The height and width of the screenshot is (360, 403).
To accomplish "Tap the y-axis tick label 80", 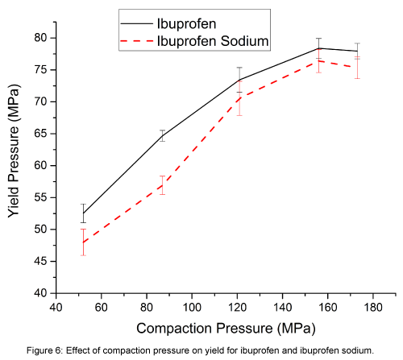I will click(x=40, y=38).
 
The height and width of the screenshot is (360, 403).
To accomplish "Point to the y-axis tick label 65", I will click(x=40, y=134).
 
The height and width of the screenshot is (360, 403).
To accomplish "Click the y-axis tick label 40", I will click(x=40, y=293).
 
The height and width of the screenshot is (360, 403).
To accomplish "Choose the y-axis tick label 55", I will click(x=40, y=197).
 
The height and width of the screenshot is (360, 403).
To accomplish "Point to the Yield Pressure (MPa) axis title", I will click(x=15, y=165).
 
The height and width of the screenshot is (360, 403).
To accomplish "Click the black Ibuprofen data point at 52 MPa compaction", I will click(x=83, y=213).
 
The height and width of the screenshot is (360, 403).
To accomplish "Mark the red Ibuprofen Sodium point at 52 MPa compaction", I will click(x=83, y=242).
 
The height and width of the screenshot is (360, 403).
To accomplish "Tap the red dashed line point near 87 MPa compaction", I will click(x=162, y=185).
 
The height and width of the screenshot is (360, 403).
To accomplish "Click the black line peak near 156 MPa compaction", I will click(x=318, y=48).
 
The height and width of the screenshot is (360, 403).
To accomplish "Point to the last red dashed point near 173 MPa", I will click(x=357, y=67).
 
